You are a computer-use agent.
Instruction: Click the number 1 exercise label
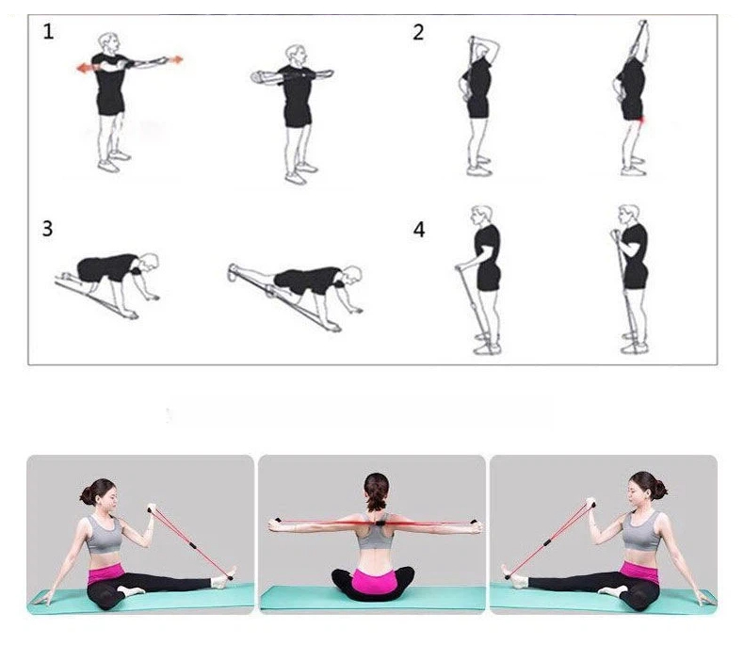[48, 32]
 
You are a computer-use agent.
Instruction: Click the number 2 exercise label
[418, 32]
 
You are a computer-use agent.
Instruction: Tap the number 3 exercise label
[47, 228]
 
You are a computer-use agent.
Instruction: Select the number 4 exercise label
[419, 230]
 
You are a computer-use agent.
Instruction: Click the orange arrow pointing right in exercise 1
[175, 59]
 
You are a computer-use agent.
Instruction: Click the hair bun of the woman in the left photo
[87, 496]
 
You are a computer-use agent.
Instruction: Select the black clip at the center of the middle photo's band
[380, 523]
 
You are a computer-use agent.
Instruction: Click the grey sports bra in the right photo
[641, 530]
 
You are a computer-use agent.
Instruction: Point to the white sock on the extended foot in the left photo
[220, 581]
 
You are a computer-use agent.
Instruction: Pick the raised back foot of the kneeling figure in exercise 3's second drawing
[233, 273]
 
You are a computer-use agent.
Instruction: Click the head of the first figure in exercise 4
[480, 216]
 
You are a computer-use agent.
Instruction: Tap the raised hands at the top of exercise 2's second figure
[642, 26]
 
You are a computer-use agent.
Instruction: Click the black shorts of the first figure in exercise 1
[111, 104]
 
